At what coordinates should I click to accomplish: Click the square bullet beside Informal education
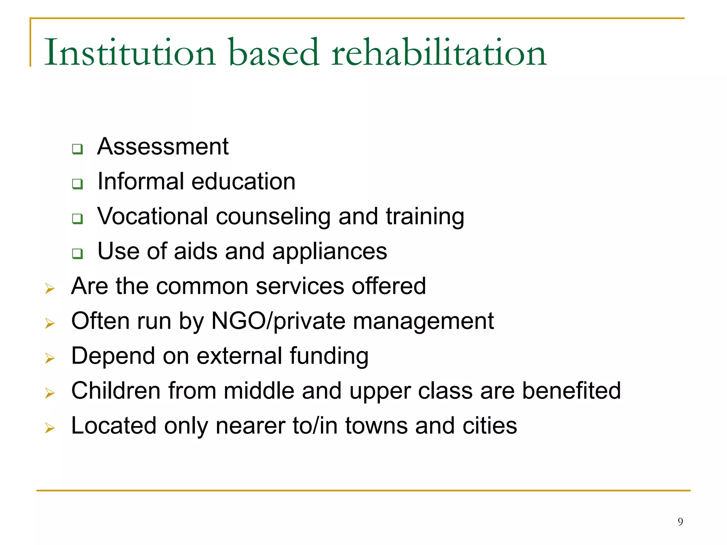click(77, 184)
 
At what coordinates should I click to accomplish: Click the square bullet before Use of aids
click(77, 254)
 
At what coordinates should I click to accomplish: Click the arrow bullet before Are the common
click(50, 288)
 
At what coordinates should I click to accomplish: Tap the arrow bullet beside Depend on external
click(50, 358)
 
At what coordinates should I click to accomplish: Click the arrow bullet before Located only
click(50, 428)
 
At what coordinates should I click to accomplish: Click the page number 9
click(680, 522)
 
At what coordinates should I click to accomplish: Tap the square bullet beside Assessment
click(77, 149)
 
